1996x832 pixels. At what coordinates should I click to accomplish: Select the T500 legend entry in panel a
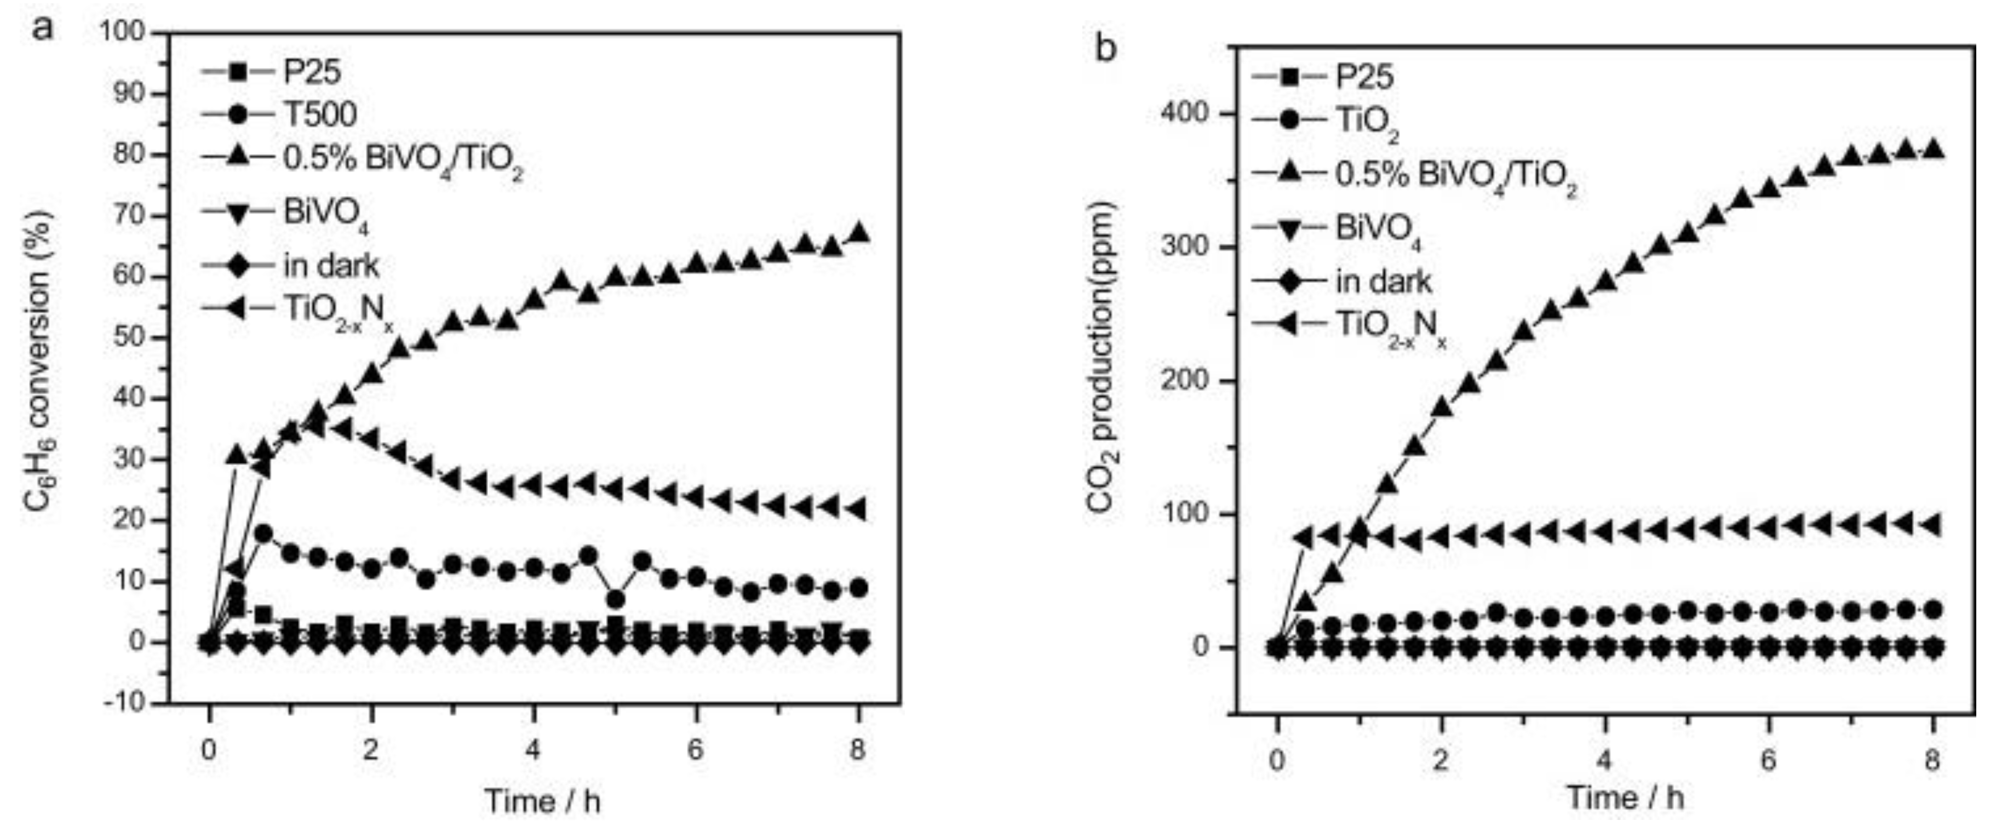point(318,114)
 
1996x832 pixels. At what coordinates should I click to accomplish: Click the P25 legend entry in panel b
point(1364,76)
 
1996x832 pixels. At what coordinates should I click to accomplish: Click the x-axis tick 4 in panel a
point(533,750)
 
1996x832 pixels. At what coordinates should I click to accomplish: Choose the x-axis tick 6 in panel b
point(1768,760)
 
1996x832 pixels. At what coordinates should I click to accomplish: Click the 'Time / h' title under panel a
point(542,800)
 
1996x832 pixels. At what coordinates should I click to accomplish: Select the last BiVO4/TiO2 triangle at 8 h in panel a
point(858,233)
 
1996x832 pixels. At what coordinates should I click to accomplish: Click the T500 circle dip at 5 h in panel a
point(615,599)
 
